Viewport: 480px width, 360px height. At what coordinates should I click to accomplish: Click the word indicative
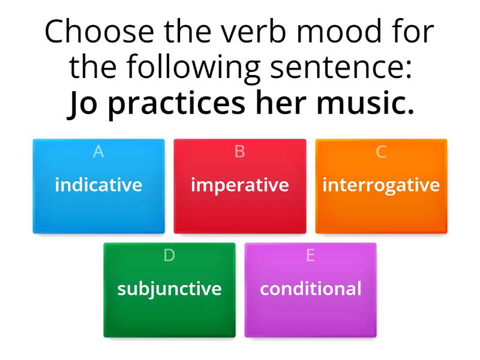(x=98, y=185)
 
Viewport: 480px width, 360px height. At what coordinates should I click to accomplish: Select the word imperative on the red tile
(x=239, y=185)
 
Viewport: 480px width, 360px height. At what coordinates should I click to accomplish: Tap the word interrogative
(x=381, y=185)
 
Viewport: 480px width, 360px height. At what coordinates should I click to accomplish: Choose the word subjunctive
(x=169, y=289)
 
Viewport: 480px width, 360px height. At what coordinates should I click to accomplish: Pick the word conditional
(x=310, y=289)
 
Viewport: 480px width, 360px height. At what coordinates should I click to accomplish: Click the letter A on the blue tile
(x=98, y=152)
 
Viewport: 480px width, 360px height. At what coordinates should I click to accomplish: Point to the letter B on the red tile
(x=239, y=152)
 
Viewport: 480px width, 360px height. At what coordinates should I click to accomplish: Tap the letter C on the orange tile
(x=381, y=152)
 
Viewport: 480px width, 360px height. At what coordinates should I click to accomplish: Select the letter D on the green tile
(x=169, y=256)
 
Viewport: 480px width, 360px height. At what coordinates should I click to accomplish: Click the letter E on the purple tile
(x=310, y=256)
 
